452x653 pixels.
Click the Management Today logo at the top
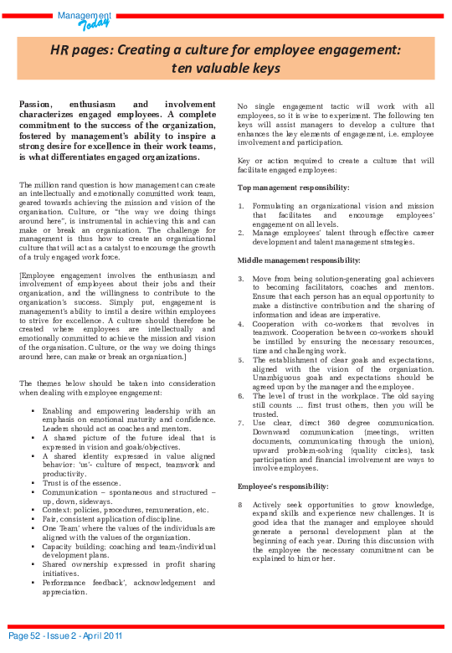pyautogui.click(x=84, y=18)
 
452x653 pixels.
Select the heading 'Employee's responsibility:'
pyautogui.click(x=283, y=486)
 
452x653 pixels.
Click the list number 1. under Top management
pyautogui.click(x=241, y=205)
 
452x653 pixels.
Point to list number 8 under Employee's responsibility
pyautogui.click(x=240, y=505)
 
